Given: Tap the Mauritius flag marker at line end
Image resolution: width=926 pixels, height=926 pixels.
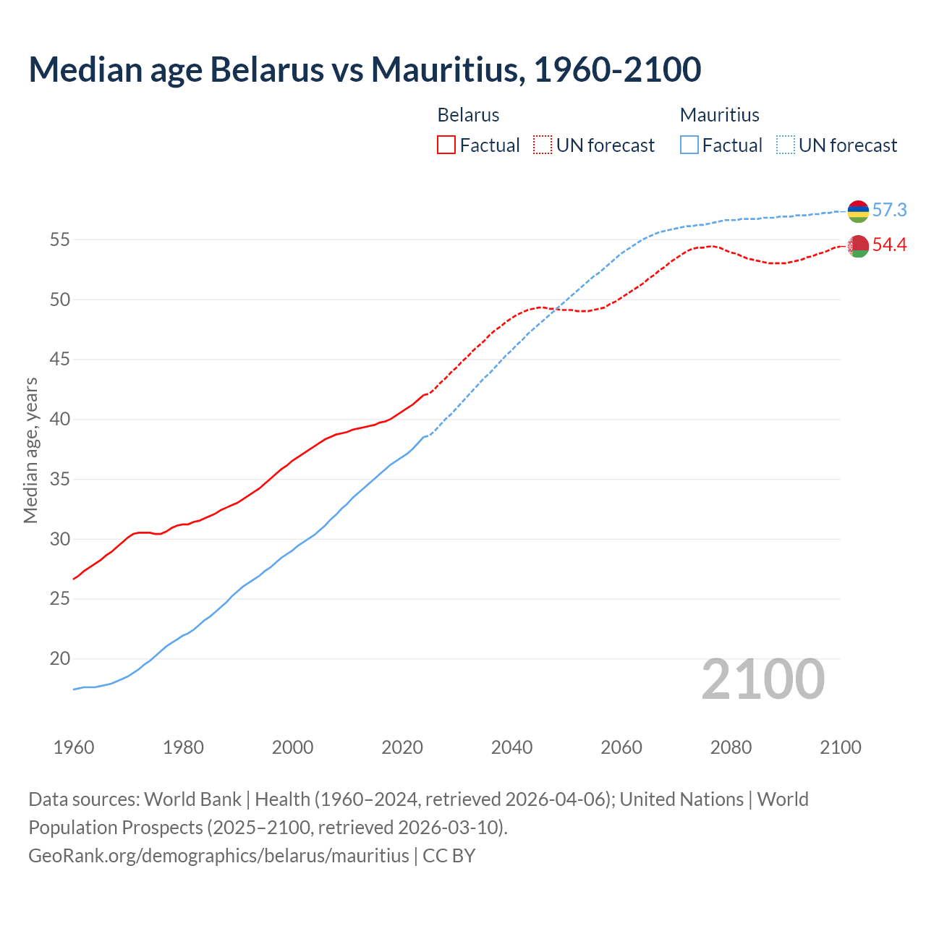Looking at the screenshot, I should (858, 211).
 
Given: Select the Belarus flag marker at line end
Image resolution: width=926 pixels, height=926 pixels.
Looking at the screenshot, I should (858, 246).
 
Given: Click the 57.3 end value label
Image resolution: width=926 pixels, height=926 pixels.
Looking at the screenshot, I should (889, 211).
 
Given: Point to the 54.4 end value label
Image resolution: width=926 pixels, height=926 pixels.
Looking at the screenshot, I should (889, 245).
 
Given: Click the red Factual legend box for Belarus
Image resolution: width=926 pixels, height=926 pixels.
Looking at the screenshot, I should (446, 145).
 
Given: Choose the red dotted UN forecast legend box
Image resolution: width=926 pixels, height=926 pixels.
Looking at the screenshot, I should (543, 145).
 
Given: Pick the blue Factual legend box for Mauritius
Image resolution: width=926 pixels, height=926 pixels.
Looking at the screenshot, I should (689, 145).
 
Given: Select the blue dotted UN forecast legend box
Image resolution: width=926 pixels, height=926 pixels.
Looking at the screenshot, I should (785, 145).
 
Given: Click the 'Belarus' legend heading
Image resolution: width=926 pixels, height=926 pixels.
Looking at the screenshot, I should (468, 115).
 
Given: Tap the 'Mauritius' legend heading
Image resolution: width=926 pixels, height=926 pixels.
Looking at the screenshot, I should (720, 115).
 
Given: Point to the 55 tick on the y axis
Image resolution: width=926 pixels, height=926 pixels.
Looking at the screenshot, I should (59, 239).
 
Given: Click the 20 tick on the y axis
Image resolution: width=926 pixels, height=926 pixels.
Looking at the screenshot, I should (59, 659).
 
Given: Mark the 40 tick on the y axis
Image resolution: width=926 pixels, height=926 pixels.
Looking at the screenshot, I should (59, 420).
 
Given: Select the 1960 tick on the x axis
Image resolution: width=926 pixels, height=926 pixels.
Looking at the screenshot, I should (74, 747).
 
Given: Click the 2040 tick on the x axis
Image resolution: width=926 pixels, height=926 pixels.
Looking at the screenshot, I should (511, 747).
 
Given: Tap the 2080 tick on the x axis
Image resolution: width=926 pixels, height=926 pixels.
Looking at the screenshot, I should (731, 747).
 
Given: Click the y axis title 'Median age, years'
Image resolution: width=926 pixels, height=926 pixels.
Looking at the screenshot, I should (30, 450).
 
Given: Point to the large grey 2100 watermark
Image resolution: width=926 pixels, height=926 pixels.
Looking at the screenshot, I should (763, 679).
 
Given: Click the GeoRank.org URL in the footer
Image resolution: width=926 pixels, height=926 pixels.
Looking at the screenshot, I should (218, 856).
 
